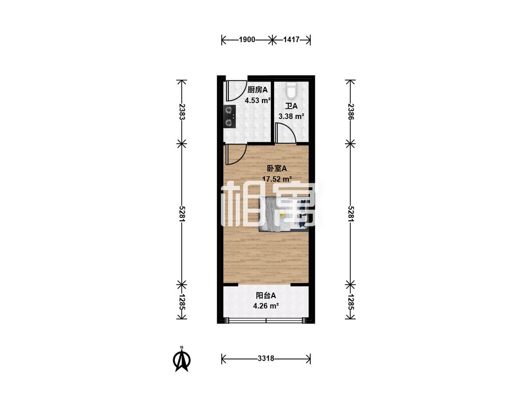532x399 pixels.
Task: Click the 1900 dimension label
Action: (x=247, y=40)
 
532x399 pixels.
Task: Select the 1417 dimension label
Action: (x=291, y=40)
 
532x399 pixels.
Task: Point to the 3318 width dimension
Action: (x=266, y=358)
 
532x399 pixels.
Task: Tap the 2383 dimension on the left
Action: (x=182, y=112)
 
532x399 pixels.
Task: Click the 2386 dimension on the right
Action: (x=351, y=112)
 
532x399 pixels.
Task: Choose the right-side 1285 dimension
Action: (x=351, y=302)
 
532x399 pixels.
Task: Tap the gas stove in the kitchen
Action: (x=230, y=116)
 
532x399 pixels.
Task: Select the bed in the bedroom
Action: (x=283, y=215)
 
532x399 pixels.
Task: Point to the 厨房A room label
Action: (x=258, y=90)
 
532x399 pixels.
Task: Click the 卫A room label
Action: (x=291, y=106)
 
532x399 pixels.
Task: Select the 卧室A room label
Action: (x=277, y=168)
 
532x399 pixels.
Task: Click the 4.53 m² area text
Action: (x=258, y=100)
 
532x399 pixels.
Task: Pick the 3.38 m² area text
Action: (x=291, y=116)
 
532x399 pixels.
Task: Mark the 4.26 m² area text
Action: (x=266, y=306)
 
